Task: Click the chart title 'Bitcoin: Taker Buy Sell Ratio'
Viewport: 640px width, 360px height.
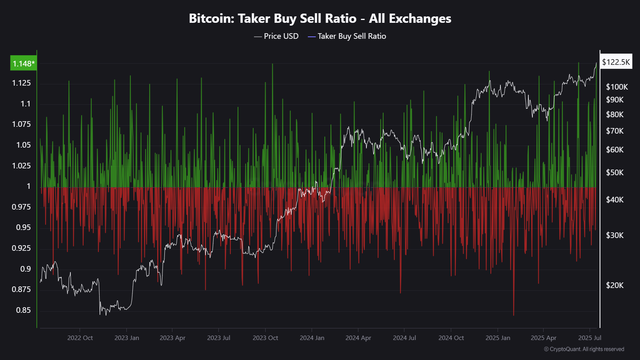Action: tap(320, 18)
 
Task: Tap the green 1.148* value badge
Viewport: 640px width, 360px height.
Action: tap(24, 64)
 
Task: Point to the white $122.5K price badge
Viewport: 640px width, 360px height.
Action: tap(616, 62)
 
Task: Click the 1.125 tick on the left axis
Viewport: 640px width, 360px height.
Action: tap(21, 83)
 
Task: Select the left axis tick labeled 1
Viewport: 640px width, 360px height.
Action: tap(28, 186)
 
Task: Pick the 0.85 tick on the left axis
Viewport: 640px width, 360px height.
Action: tap(23, 310)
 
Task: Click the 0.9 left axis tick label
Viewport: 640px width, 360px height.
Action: tap(26, 269)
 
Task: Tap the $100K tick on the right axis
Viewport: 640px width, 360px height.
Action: tap(617, 87)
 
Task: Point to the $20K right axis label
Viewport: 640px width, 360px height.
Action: tap(615, 285)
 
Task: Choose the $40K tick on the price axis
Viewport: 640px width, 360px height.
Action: tap(615, 200)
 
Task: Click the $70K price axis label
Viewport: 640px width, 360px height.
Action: tap(615, 131)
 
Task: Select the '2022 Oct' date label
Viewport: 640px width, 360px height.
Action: tap(80, 338)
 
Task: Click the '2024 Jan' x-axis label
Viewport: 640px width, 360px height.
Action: tap(312, 338)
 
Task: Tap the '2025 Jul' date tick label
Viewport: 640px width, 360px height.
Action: tap(590, 338)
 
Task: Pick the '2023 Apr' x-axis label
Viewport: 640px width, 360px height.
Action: tap(172, 338)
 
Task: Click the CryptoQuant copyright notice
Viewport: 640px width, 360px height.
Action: tap(584, 349)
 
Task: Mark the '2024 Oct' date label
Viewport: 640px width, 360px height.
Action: tap(451, 338)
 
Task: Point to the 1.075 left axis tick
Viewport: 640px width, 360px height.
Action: tap(21, 124)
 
